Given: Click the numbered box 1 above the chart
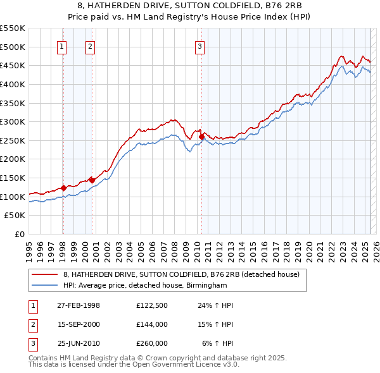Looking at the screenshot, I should pos(63,46).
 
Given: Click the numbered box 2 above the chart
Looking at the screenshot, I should pos(91,46).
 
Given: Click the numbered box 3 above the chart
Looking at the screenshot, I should pos(199,46).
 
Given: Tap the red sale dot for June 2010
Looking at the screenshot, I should pos(201,136).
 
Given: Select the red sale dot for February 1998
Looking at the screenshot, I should pos(63,188).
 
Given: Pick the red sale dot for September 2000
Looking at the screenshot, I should pos(92,180).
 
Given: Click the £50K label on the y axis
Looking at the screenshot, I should pos(15,216).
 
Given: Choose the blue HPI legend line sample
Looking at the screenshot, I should pos(46,285).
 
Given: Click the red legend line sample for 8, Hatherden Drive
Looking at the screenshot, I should pos(46,274).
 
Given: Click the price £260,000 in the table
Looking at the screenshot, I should pos(152,343).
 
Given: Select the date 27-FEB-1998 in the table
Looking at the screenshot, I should pos(79,305).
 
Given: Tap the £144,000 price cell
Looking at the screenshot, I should pos(152,324).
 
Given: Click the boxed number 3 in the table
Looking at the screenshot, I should pos(33,343).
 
